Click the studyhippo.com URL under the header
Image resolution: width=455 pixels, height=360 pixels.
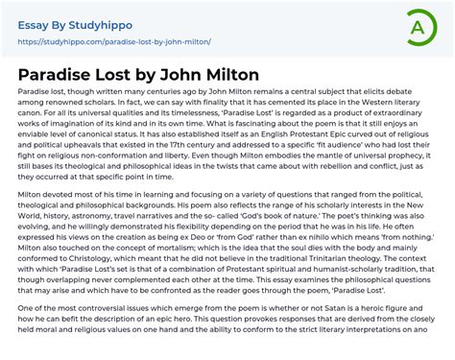pos(114,42)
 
